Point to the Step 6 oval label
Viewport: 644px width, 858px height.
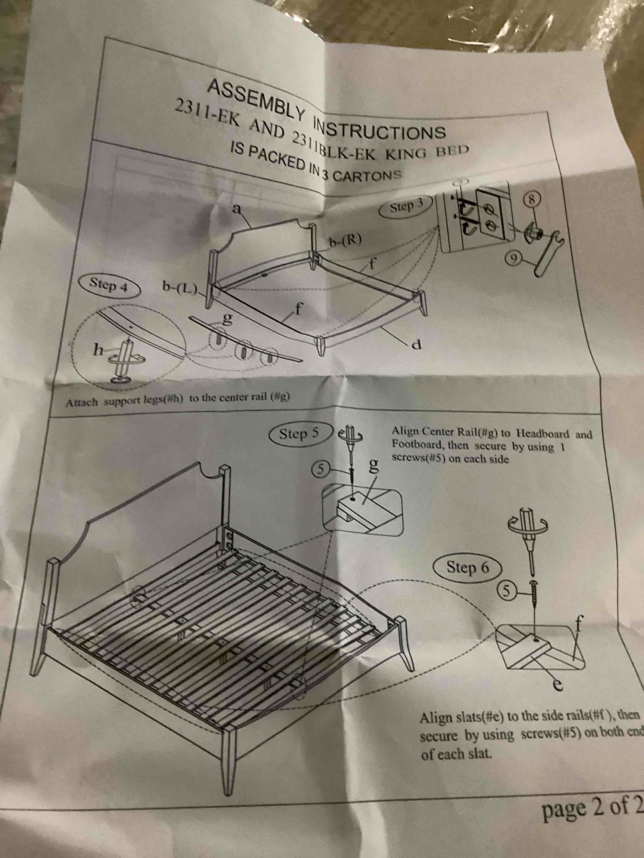coord(467,568)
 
